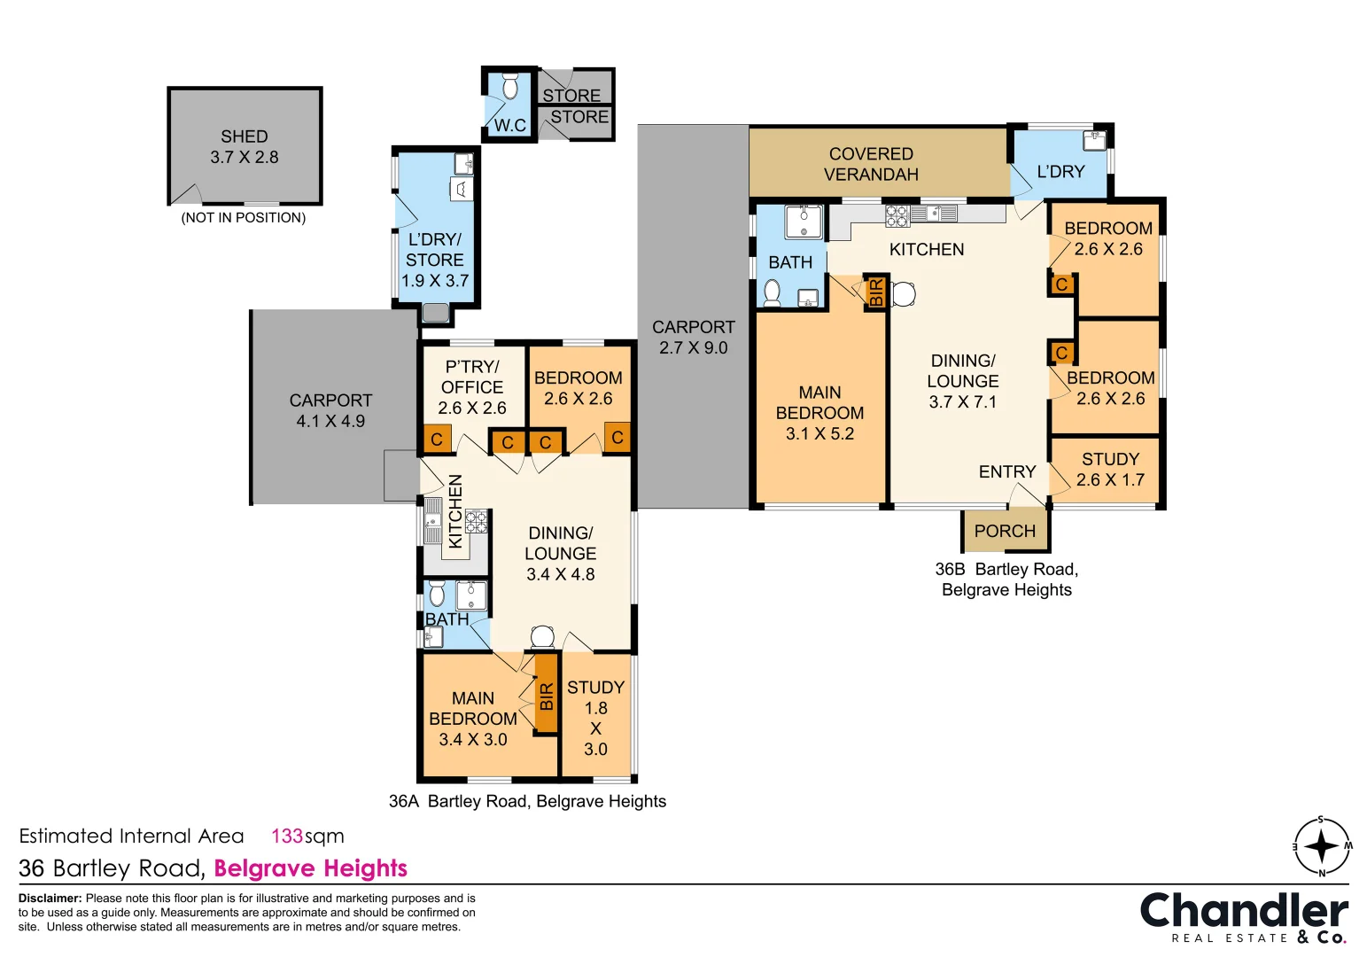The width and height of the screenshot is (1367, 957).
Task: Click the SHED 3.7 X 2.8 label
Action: click(x=245, y=146)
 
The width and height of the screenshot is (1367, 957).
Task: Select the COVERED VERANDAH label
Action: click(x=871, y=164)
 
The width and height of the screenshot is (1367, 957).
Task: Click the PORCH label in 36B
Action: click(x=1005, y=531)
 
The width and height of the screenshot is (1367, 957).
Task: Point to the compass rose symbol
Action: click(x=1322, y=846)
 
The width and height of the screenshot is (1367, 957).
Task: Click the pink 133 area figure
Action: click(x=287, y=836)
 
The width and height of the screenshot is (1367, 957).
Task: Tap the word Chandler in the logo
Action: click(x=1244, y=912)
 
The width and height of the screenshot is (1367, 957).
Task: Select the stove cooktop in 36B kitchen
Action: click(x=897, y=216)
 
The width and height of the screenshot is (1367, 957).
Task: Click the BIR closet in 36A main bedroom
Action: click(x=547, y=694)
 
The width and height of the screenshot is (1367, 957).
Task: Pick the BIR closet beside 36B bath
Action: click(x=875, y=292)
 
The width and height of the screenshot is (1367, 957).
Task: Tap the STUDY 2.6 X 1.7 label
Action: click(x=1110, y=470)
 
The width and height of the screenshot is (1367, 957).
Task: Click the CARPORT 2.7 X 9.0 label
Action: click(x=694, y=338)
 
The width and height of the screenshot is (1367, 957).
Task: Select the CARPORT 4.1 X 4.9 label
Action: click(x=330, y=411)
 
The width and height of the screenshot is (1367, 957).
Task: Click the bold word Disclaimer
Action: click(x=50, y=899)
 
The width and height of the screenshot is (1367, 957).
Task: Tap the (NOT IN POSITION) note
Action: click(x=244, y=217)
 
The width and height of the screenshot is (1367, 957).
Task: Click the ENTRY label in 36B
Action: click(x=1007, y=471)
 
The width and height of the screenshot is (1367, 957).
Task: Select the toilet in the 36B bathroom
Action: click(x=772, y=293)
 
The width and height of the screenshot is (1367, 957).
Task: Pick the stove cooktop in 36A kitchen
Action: click(x=477, y=522)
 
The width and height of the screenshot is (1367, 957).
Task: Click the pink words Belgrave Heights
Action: click(x=311, y=868)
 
